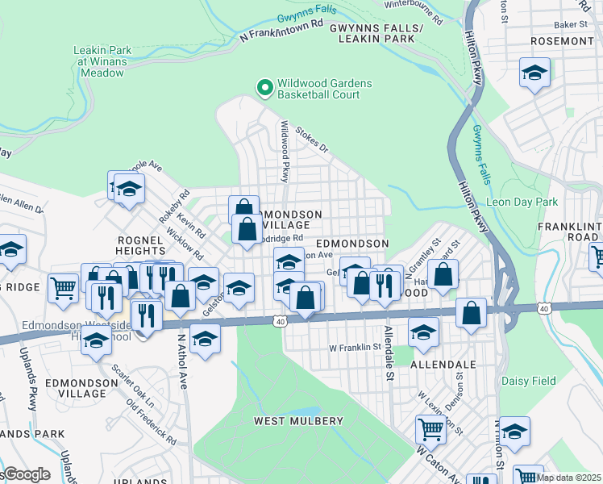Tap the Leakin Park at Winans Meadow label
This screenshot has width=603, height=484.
[101, 60]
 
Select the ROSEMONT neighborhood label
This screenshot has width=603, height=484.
[563, 40]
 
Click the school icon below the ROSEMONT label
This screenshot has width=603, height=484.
[534, 73]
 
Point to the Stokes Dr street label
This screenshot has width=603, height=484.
[313, 139]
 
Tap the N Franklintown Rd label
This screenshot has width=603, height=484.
[277, 33]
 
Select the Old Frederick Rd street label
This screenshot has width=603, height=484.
[145, 420]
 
